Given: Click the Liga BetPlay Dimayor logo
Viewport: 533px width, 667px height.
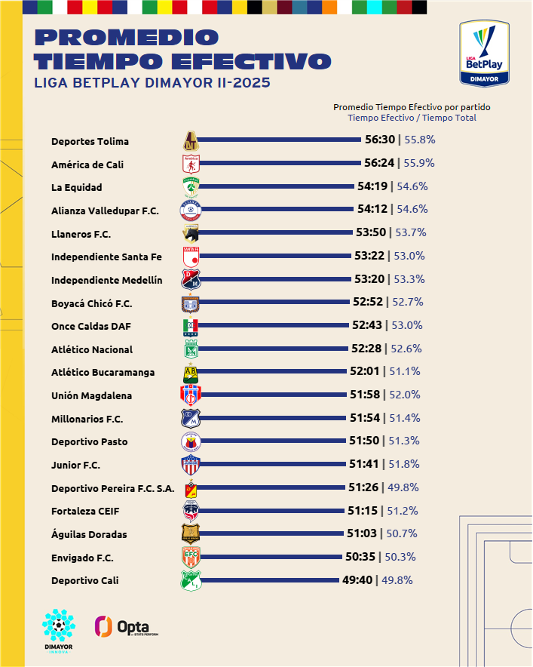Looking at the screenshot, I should [x=484, y=53].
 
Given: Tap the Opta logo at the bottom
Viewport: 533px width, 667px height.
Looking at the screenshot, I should [x=126, y=627].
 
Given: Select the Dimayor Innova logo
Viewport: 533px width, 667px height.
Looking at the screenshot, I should [x=58, y=631].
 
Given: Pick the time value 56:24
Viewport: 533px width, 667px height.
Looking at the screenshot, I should [x=379, y=163].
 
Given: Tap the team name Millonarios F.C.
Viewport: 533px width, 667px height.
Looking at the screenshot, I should [x=87, y=419].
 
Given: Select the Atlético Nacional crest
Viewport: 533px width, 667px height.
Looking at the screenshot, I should [x=191, y=349].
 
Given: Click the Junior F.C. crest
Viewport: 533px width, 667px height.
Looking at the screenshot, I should [x=191, y=465].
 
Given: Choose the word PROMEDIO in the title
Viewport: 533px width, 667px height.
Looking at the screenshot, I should [x=127, y=37].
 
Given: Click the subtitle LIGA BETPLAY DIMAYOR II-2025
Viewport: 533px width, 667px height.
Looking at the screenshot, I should [x=152, y=82].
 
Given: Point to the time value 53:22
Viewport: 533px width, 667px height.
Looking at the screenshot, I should [x=369, y=256].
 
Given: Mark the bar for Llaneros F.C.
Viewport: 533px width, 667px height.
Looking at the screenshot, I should [x=277, y=233].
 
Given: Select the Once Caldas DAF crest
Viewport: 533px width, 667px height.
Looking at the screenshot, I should [x=191, y=326].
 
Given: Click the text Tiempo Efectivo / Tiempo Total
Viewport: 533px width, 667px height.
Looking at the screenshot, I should [x=412, y=118].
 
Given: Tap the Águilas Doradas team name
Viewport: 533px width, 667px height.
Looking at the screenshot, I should [x=89, y=534].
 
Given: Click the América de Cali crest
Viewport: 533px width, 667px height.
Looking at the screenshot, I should [x=191, y=163].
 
